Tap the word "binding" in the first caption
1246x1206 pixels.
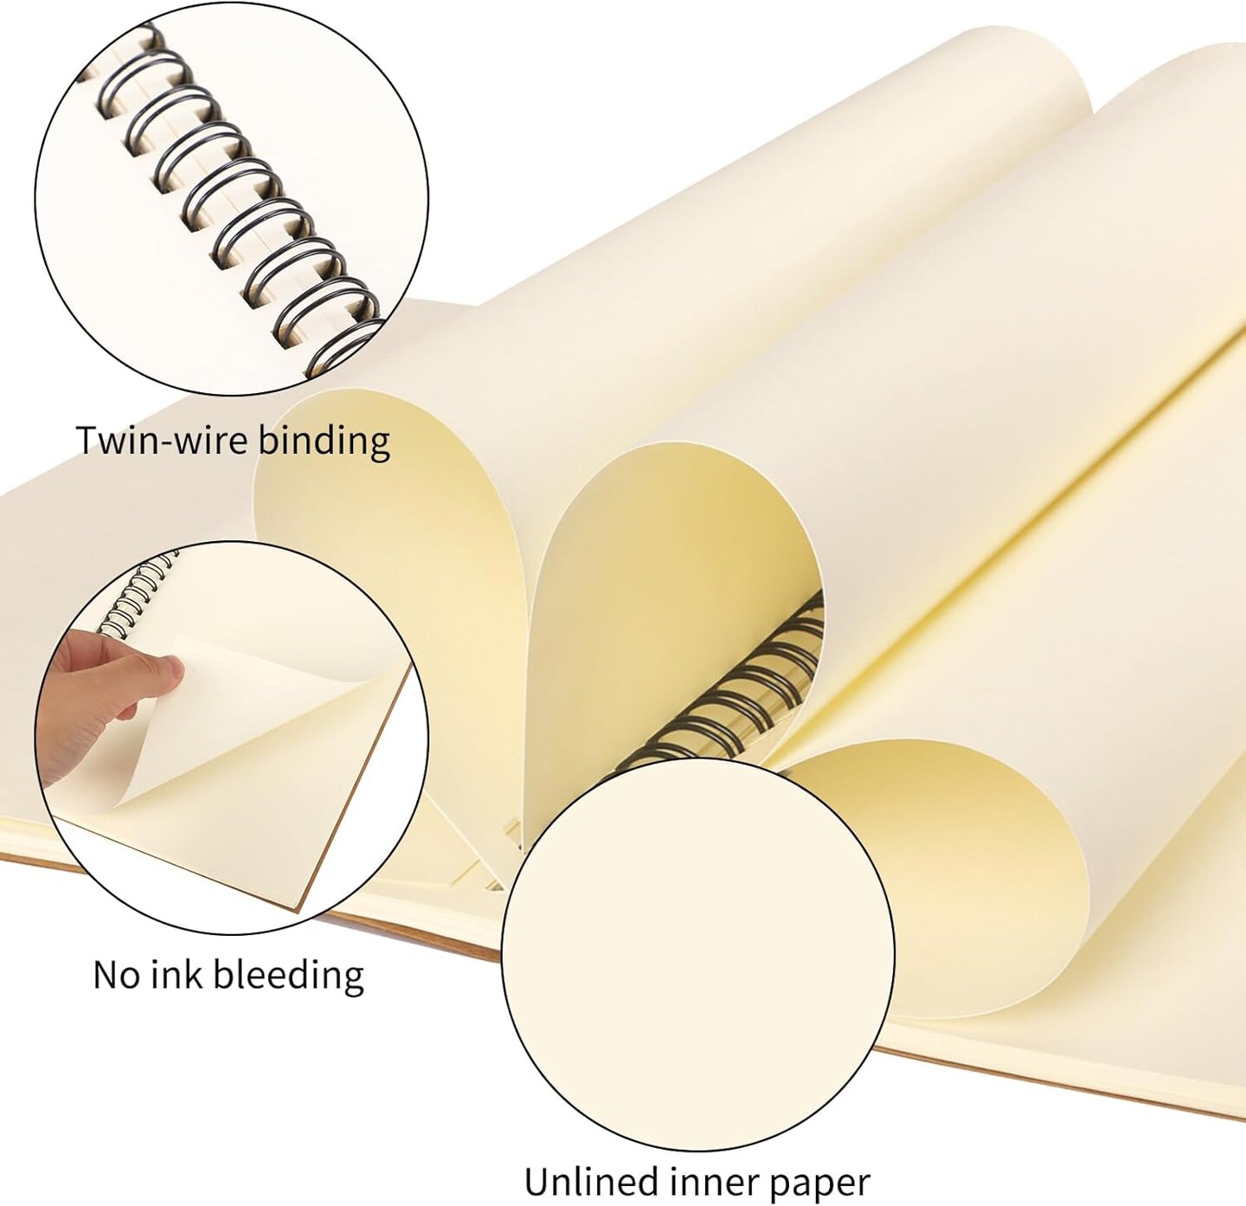tap(324, 442)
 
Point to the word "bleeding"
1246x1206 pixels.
tap(289, 977)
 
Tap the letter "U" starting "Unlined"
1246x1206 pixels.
tap(537, 1181)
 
